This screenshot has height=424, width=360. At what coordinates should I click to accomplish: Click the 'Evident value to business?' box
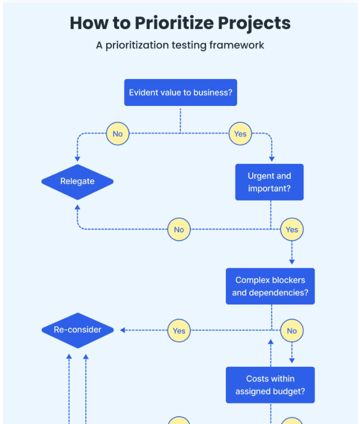click(x=180, y=92)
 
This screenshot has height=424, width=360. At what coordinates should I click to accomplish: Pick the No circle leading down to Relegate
click(x=118, y=134)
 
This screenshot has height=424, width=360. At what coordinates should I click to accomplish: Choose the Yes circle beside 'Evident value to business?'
click(x=240, y=134)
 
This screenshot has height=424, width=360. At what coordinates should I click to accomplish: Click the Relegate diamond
click(x=77, y=181)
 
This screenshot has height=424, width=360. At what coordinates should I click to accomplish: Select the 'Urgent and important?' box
click(x=269, y=182)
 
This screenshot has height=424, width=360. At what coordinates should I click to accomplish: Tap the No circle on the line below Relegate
click(x=179, y=229)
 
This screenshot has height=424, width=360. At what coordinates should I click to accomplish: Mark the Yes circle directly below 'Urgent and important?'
click(x=291, y=229)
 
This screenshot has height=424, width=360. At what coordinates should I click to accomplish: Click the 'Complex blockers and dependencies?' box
click(x=270, y=286)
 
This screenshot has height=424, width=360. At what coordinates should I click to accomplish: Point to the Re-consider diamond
click(x=77, y=330)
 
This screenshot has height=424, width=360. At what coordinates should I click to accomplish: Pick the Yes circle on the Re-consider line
click(x=179, y=330)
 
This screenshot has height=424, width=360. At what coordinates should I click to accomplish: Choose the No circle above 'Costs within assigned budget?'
click(x=291, y=330)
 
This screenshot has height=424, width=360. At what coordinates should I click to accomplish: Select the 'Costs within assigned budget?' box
click(x=270, y=385)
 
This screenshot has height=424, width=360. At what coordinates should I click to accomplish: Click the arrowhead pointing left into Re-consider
click(x=122, y=330)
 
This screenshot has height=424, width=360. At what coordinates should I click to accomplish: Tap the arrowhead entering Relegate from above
click(x=77, y=159)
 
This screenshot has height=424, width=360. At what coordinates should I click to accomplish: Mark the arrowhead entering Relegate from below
click(x=77, y=207)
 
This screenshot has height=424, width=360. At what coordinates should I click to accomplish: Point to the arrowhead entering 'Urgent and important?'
click(x=271, y=159)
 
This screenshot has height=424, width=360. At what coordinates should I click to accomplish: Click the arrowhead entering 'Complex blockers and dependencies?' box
click(x=292, y=262)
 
